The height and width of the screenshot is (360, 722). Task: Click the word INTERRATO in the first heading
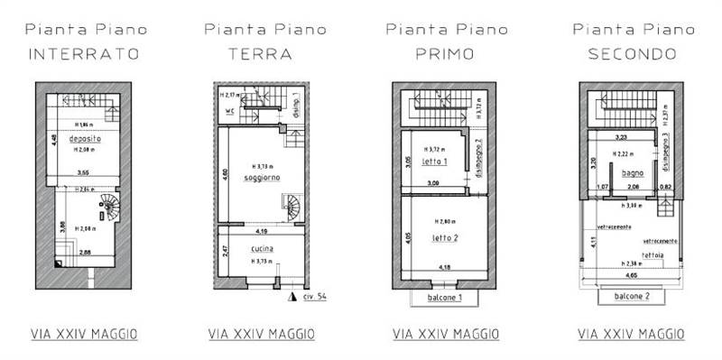(85, 54)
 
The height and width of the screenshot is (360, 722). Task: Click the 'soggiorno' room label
(263, 178)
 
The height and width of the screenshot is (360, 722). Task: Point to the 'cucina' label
(264, 248)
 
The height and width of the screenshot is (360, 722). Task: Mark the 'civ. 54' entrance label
(313, 296)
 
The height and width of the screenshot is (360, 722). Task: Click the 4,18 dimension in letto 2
(446, 267)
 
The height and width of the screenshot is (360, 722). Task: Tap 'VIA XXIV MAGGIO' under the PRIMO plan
(446, 334)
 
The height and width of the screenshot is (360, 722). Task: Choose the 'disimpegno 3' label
(665, 151)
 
